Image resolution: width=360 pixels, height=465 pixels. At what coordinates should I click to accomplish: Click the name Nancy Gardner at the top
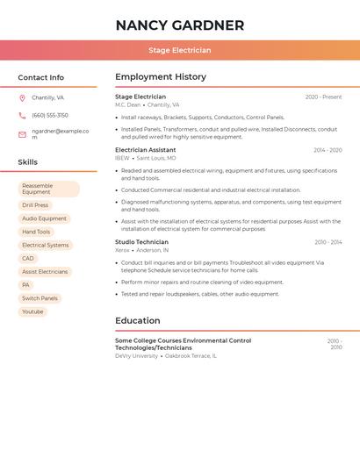tap(180, 25)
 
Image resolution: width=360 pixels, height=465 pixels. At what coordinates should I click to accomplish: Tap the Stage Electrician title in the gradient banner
tap(180, 50)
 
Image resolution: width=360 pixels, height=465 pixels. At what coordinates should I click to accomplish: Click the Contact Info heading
tap(40, 77)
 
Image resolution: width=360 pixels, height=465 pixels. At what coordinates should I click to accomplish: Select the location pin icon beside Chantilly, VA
tap(22, 98)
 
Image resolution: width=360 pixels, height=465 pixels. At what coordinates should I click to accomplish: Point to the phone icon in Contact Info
tap(22, 116)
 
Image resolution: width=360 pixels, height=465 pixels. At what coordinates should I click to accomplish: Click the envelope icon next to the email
tap(22, 134)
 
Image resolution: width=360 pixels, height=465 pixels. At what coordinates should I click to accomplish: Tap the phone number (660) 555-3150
tap(50, 115)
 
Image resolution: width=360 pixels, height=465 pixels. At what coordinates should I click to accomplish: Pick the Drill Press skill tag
tap(35, 205)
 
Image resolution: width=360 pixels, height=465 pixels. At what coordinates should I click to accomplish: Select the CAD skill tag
tap(28, 258)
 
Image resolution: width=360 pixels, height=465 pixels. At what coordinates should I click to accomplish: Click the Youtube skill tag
tap(32, 311)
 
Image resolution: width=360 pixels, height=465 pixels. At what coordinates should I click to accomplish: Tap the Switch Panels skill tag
tap(40, 298)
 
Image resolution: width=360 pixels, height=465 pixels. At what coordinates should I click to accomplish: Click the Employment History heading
tap(161, 77)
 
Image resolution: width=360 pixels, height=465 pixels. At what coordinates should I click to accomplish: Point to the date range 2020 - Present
tap(323, 97)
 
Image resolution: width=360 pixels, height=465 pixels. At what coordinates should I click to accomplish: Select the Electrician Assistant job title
tap(146, 150)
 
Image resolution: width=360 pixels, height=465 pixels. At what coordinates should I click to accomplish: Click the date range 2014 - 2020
tap(328, 150)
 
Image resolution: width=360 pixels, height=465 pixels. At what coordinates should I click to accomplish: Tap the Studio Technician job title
tap(141, 242)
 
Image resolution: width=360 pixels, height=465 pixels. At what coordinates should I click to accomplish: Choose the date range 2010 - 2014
tap(328, 242)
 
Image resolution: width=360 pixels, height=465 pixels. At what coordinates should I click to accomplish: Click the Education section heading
tap(137, 321)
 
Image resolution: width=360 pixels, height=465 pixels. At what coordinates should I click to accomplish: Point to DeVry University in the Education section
tap(136, 356)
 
